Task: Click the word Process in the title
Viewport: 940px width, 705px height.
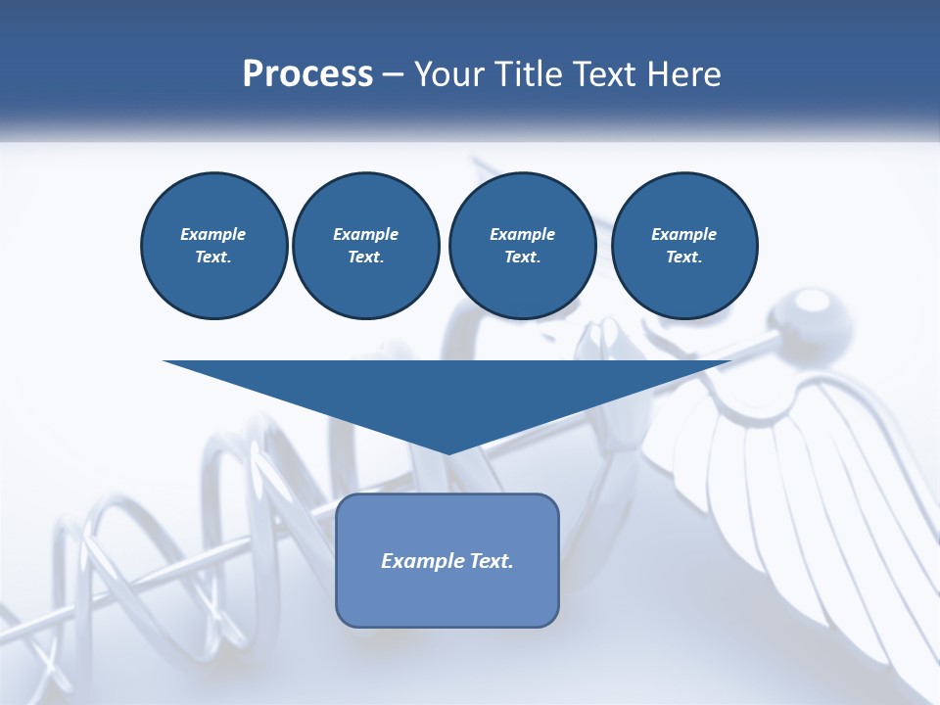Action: point(307,74)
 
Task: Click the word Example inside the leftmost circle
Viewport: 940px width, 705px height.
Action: point(213,234)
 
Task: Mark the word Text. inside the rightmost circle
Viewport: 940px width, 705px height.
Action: point(684,258)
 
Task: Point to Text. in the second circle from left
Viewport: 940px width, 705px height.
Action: point(365,258)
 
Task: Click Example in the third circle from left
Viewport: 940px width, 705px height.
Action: point(522,234)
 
